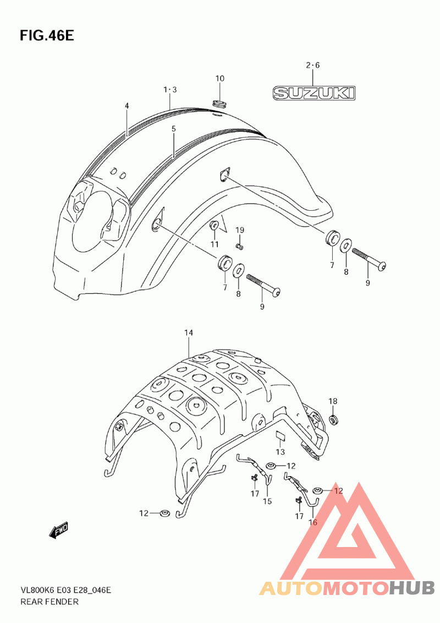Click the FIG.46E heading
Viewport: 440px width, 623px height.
click(x=47, y=35)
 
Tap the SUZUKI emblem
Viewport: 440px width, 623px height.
click(x=313, y=94)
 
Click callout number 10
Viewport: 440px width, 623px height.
click(x=220, y=78)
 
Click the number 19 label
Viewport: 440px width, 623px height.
click(x=239, y=230)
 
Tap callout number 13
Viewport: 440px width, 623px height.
click(x=280, y=452)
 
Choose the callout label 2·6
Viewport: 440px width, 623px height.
click(x=312, y=65)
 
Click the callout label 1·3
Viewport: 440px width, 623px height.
click(x=170, y=90)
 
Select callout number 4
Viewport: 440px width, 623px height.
click(x=127, y=106)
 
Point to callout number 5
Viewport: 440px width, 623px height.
click(x=174, y=129)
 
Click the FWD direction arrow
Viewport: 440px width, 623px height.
click(x=59, y=530)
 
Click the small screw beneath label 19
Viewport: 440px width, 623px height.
click(x=239, y=247)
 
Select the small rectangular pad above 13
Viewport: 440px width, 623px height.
click(x=280, y=436)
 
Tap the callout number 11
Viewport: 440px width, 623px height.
click(x=215, y=244)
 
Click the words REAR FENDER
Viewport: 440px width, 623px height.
click(x=50, y=602)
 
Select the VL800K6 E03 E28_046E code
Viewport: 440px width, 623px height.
click(x=65, y=590)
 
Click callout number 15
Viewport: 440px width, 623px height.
click(x=267, y=501)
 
